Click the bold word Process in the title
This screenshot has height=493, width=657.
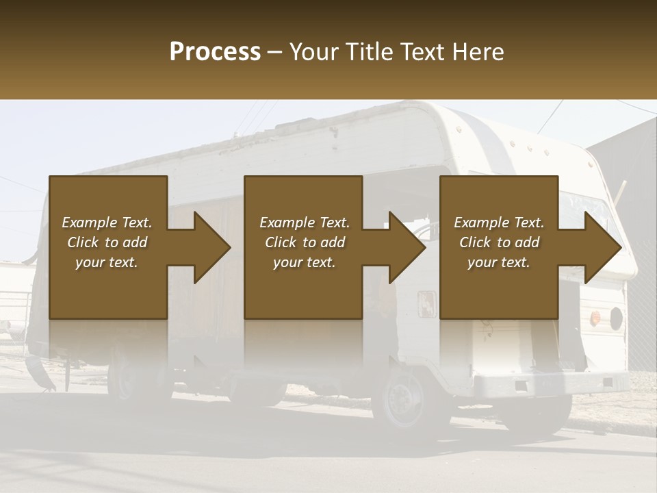215,52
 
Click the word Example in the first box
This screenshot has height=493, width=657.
90,223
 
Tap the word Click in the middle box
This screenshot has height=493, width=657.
281,242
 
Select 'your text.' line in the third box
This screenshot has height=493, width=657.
498,262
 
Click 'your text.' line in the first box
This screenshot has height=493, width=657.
106,262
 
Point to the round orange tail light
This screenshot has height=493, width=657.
595,318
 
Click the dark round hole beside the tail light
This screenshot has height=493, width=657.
615,317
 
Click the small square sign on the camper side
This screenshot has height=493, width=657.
427,303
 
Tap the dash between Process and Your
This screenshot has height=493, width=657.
275,52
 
